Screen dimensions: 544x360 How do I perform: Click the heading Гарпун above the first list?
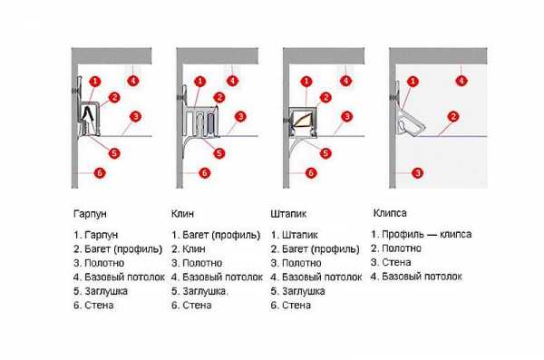pyautogui.click(x=90, y=213)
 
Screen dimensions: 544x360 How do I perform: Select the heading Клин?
pyautogui.click(x=182, y=213)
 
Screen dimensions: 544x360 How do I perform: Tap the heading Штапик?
pyautogui.click(x=288, y=213)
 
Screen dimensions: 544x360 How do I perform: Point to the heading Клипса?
pyautogui.click(x=390, y=213)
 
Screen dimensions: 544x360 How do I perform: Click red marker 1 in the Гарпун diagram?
pyautogui.click(x=94, y=82)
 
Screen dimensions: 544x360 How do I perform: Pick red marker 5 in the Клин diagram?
pyautogui.click(x=219, y=153)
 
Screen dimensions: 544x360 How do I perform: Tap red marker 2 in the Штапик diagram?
pyautogui.click(x=325, y=98)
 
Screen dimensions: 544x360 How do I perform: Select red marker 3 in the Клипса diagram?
pyautogui.click(x=418, y=173)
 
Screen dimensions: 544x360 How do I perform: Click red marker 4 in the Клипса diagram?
pyautogui.click(x=461, y=82)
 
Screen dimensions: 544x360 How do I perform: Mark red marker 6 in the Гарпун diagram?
pyautogui.click(x=100, y=173)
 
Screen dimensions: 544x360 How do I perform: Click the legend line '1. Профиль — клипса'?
pyautogui.click(x=422, y=234)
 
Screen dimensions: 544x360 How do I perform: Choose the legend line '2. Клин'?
pyautogui.click(x=189, y=248)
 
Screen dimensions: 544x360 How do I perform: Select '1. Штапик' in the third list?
pyautogui.click(x=294, y=235)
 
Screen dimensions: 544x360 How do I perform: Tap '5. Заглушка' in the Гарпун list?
pyautogui.click(x=101, y=291)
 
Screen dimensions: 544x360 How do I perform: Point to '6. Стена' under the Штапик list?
pyautogui.click(x=291, y=306)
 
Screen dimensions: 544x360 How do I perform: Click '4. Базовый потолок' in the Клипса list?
pyautogui.click(x=416, y=277)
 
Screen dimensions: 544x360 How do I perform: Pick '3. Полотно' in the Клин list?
pyautogui.click(x=197, y=263)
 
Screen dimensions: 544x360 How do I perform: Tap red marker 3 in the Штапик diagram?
pyautogui.click(x=346, y=117)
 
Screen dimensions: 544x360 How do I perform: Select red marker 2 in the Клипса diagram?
pyautogui.click(x=453, y=117)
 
